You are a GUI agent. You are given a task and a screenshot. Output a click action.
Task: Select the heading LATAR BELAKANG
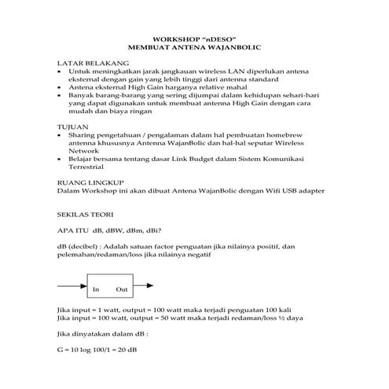(x=86, y=61)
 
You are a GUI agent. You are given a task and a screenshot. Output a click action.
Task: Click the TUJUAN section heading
(x=73, y=126)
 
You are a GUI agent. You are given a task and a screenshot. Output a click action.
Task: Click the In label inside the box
(x=97, y=289)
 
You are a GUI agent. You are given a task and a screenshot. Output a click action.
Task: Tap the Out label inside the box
(x=122, y=289)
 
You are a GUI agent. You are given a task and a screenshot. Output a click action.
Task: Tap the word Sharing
(x=83, y=135)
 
